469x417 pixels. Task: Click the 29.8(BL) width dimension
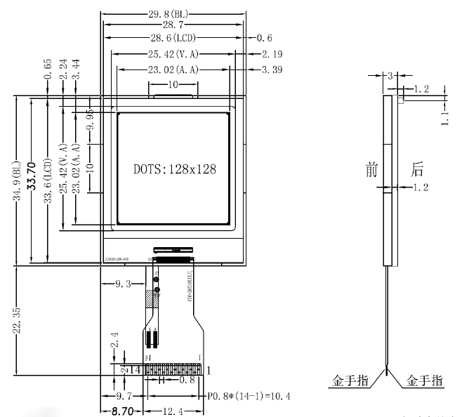[x=172, y=13]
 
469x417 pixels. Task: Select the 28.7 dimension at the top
[x=172, y=25]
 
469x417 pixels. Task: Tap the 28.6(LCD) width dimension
[x=172, y=38]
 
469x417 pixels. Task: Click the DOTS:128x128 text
[x=174, y=169]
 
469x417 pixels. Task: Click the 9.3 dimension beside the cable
[x=121, y=284]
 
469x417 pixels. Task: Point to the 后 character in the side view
[x=418, y=168]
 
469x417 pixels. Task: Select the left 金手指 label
[x=350, y=381]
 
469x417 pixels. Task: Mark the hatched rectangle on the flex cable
[x=149, y=298]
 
